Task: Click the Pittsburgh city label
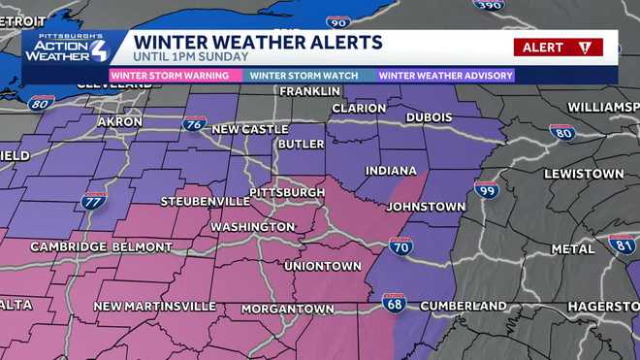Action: coord(287,193)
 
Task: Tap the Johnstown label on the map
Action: coord(426,207)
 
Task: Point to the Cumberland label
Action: coord(464,306)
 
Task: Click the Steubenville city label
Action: coord(185,202)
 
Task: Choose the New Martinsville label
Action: coord(154,307)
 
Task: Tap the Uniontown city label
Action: coord(322,266)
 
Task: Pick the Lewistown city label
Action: coord(584,174)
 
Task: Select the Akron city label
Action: coord(120,122)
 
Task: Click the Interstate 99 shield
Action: coord(487,189)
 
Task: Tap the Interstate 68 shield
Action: coord(394,303)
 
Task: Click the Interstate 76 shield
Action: coord(195,123)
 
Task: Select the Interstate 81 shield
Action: coord(623,244)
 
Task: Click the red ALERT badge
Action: coord(558,47)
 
